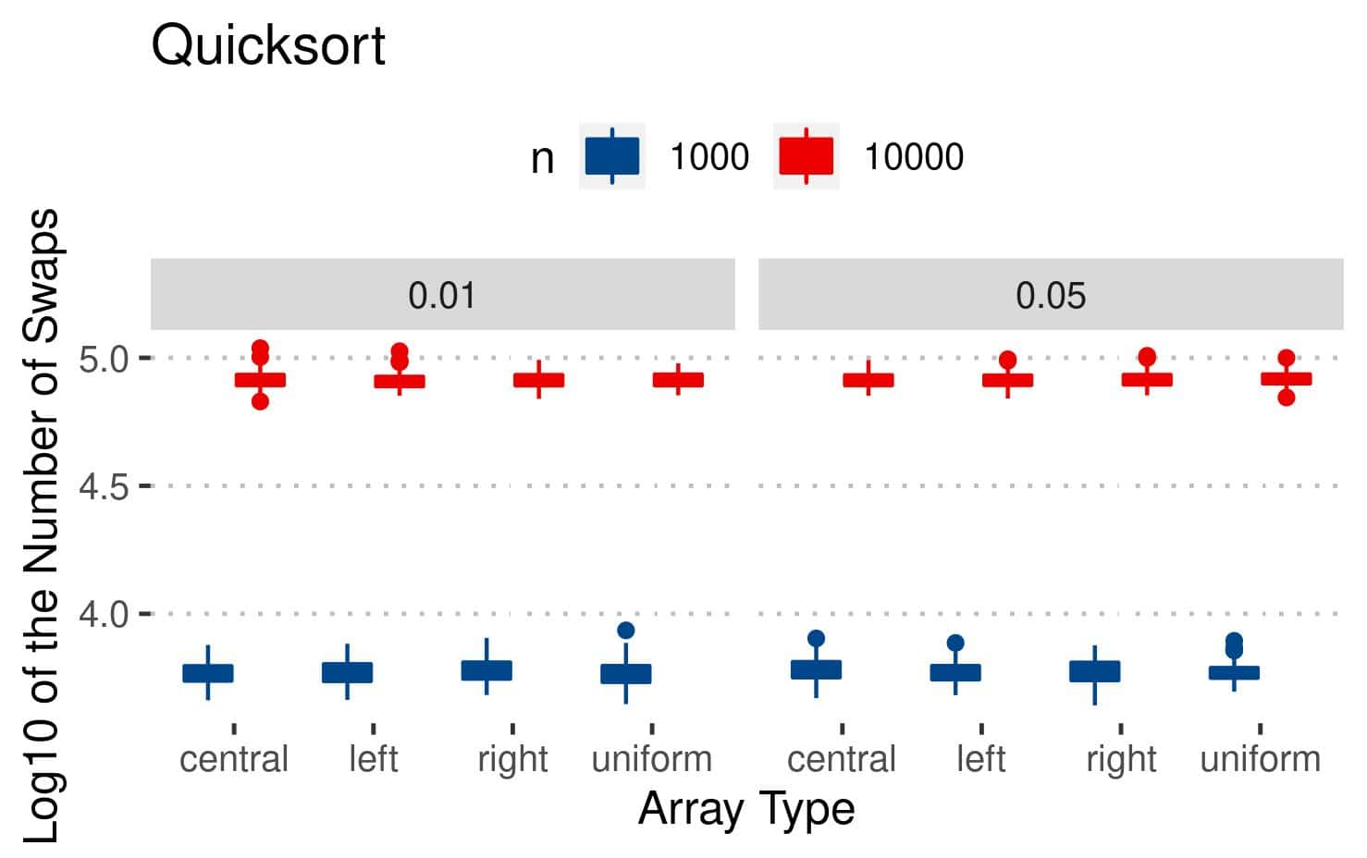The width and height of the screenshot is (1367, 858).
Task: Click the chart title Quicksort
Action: [268, 45]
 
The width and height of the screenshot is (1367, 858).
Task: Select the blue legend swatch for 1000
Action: [611, 156]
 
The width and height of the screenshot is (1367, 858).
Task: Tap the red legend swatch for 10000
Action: [807, 156]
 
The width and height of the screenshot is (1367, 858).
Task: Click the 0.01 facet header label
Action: [442, 296]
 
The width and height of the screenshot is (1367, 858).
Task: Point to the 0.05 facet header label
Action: [1051, 296]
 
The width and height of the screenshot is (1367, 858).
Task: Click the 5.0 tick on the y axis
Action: [103, 359]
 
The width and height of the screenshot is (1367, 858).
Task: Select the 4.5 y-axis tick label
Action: [103, 486]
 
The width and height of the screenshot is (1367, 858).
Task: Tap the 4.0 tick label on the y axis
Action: [103, 614]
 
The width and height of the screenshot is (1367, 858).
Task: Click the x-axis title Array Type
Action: [746, 809]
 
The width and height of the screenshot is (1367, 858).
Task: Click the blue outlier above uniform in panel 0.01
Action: [626, 631]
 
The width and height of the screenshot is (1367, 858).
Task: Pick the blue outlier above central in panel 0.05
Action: [816, 638]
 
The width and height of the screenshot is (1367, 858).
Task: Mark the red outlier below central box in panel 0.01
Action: [260, 401]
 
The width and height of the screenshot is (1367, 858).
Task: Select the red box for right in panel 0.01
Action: [539, 380]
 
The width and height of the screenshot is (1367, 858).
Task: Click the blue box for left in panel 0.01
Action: [348, 672]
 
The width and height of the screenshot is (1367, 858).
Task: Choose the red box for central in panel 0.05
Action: [868, 380]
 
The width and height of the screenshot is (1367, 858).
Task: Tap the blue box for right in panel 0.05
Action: [1095, 671]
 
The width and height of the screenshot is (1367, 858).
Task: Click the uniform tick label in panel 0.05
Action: [1260, 759]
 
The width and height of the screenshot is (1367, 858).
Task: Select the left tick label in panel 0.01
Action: [374, 759]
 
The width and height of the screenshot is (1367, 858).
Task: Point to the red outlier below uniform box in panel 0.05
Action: [1286, 398]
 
